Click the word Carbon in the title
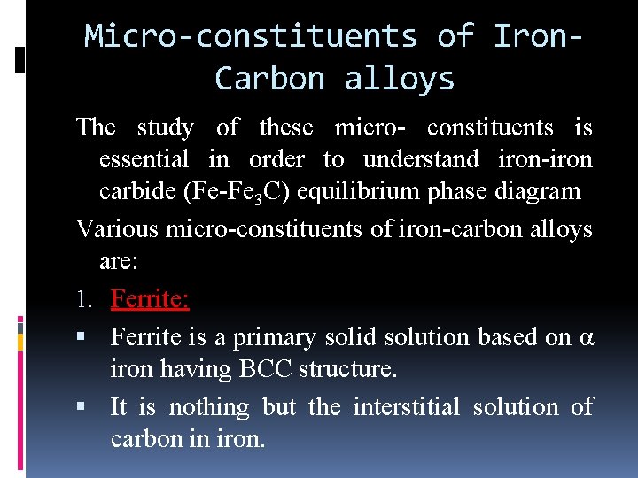tap(269, 79)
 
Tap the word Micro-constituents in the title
tap(251, 36)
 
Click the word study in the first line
tap(166, 127)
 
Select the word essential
tap(144, 160)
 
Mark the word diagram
tap(541, 192)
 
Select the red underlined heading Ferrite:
tap(149, 299)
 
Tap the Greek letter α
tap(586, 338)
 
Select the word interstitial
tap(407, 407)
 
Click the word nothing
tap(209, 407)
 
